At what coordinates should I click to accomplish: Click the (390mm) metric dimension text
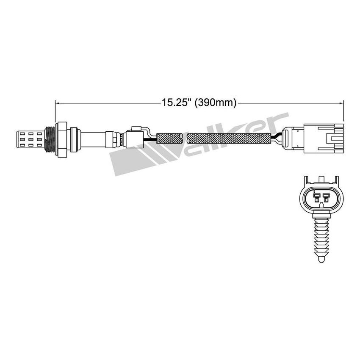[x=215, y=102]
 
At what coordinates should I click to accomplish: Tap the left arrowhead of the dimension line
[x=58, y=102]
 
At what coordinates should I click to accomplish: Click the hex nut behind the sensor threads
[x=62, y=137]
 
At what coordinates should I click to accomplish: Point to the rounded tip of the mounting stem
[x=321, y=257]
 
